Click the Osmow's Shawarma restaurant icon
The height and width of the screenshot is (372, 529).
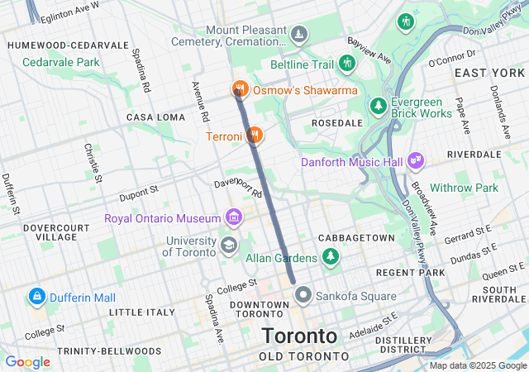(x=240, y=88)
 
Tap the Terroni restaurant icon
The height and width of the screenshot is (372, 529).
(x=255, y=134)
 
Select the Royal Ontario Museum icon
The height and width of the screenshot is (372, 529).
(x=235, y=218)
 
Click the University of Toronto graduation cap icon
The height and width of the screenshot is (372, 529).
(x=227, y=244)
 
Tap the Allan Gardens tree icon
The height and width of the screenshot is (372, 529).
(x=331, y=257)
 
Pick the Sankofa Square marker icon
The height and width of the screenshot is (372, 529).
(x=303, y=294)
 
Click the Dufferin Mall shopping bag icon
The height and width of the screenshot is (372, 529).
(x=37, y=296)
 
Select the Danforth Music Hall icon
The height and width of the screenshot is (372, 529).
(x=416, y=160)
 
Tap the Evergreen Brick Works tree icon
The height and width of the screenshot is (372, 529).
(x=378, y=106)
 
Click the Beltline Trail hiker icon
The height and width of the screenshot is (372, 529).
(x=346, y=63)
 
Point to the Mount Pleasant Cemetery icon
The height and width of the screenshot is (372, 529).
(x=298, y=35)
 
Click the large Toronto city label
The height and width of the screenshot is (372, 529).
(x=299, y=336)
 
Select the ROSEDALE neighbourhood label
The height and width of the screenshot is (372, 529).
(x=336, y=122)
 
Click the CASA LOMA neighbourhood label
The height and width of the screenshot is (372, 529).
(x=155, y=117)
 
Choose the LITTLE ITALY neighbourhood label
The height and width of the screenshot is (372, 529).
(x=142, y=312)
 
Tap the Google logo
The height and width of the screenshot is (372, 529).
(x=27, y=361)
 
